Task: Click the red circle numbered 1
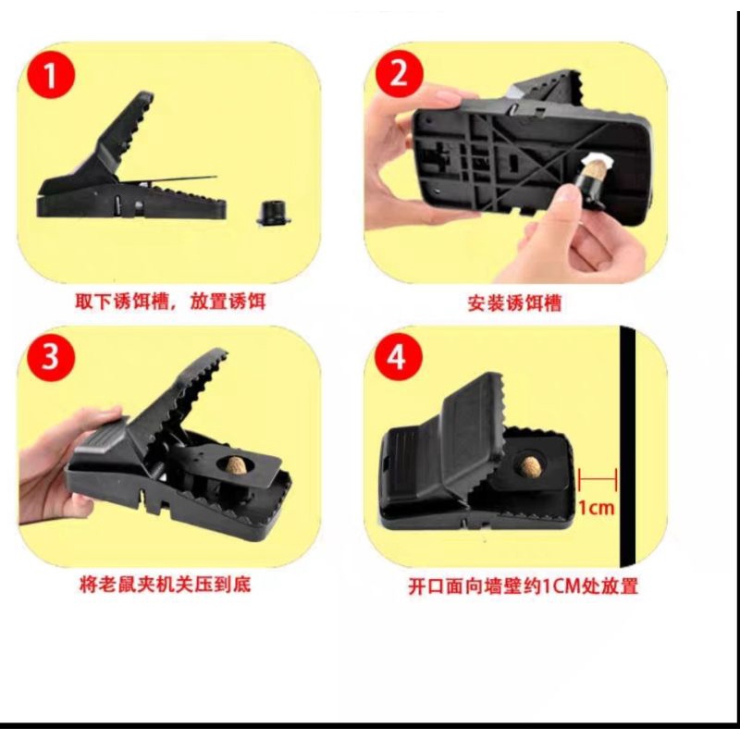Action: pyautogui.click(x=51, y=75)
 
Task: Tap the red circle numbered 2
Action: pyautogui.click(x=400, y=74)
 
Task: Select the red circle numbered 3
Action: pyautogui.click(x=51, y=357)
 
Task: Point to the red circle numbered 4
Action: pyautogui.click(x=399, y=357)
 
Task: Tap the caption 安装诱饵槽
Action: pyautogui.click(x=514, y=303)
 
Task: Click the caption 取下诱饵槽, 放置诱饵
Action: pyautogui.click(x=170, y=302)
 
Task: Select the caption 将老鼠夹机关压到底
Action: pyautogui.click(x=166, y=586)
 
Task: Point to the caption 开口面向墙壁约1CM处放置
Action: pyautogui.click(x=523, y=586)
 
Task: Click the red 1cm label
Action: pyautogui.click(x=597, y=508)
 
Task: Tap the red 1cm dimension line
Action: pyautogui.click(x=598, y=479)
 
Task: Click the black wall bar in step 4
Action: pyautogui.click(x=628, y=447)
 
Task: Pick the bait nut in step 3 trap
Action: pyautogui.click(x=237, y=466)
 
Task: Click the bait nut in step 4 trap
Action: pyautogui.click(x=530, y=466)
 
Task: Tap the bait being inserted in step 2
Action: pyautogui.click(x=594, y=170)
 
